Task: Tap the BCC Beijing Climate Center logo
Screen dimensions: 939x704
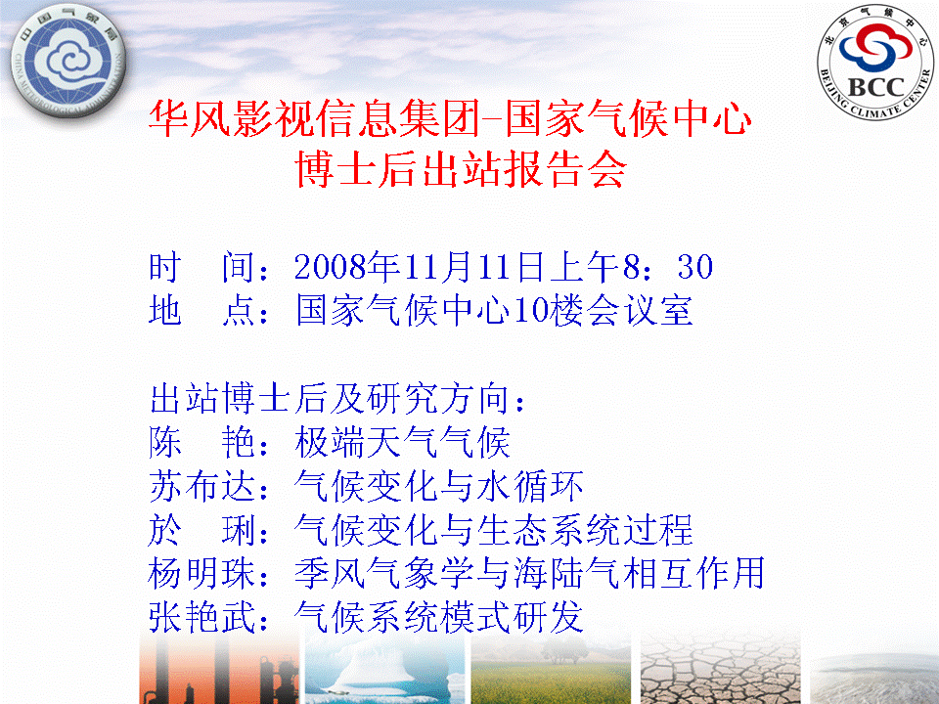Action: click(x=874, y=62)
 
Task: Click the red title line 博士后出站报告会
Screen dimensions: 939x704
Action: click(x=461, y=169)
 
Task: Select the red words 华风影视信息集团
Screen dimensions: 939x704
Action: click(x=314, y=118)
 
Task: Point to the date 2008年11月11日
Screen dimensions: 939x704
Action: click(x=419, y=266)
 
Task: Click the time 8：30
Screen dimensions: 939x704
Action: click(x=668, y=266)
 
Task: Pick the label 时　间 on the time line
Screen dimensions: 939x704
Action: click(x=202, y=267)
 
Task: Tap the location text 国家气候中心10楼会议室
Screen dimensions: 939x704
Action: click(x=495, y=311)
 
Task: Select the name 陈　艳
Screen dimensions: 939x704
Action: click(x=202, y=442)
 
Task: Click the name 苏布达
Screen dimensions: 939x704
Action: click(x=202, y=486)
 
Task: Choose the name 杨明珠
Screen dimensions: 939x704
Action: click(x=202, y=573)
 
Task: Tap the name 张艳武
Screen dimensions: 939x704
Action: click(x=202, y=617)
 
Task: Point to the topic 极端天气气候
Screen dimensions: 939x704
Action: click(x=402, y=442)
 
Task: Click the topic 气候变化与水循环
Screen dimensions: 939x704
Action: click(x=439, y=486)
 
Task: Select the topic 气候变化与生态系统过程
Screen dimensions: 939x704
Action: click(x=493, y=530)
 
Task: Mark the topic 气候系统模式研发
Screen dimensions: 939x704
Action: click(x=439, y=617)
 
